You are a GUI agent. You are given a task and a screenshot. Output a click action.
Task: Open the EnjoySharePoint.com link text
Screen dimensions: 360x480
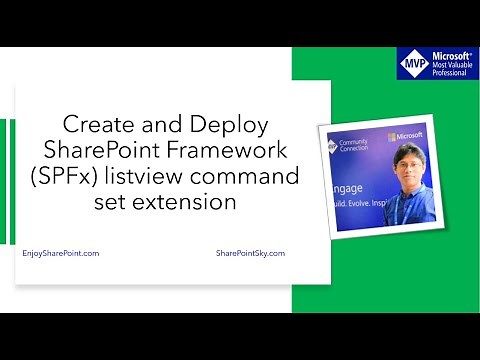point(60,254)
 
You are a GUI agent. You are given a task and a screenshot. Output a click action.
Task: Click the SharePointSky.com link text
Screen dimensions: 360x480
point(250,254)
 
